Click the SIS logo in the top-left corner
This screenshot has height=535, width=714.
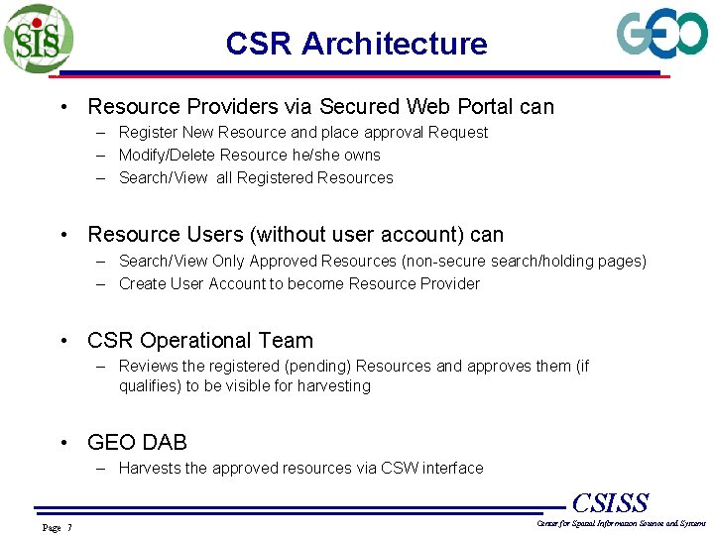pos(38,38)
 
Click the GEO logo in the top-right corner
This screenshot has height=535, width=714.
pos(661,36)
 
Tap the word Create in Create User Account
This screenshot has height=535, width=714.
pos(143,283)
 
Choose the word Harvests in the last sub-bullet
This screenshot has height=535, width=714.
pos(150,468)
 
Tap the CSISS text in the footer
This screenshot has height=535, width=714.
pos(610,503)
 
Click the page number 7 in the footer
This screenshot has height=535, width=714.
pos(68,527)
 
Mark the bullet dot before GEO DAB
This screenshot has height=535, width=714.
pos(63,443)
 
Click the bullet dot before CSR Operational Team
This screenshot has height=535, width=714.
pos(63,341)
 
